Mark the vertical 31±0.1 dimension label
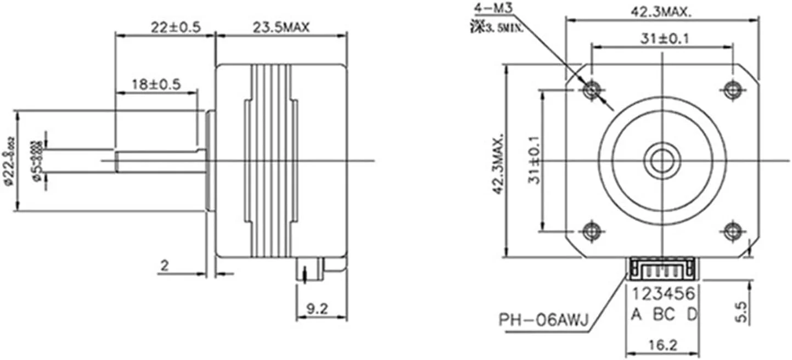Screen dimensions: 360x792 [536, 160]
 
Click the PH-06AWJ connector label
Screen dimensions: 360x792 [543, 319]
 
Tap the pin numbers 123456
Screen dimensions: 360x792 [662, 295]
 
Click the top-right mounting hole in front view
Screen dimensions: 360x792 [732, 89]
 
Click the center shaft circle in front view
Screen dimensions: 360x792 [662, 160]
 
